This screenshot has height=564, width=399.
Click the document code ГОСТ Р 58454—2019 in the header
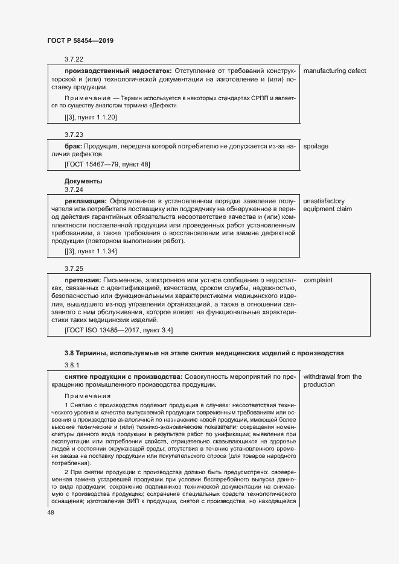[x=80, y=41]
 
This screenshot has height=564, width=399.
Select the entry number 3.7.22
[x=74, y=59]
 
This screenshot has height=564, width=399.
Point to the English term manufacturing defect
[x=334, y=71]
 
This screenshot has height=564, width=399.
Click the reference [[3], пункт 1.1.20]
[x=91, y=117]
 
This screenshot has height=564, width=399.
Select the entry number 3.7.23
[x=74, y=135]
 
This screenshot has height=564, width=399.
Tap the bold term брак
[x=73, y=147]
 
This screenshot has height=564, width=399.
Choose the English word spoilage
[x=316, y=147]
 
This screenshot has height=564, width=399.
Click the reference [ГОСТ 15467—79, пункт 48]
[x=107, y=164]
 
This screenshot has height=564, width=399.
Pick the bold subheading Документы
[x=83, y=181]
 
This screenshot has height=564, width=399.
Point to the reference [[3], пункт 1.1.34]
[x=91, y=250]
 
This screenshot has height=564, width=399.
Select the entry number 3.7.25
[x=74, y=268]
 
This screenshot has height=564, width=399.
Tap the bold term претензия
[x=83, y=280]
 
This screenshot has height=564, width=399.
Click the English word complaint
[x=318, y=280]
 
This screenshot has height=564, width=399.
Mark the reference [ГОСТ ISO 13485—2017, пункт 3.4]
[x=119, y=330]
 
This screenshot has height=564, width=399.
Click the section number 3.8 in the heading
[x=69, y=352]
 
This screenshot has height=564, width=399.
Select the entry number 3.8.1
[x=72, y=365]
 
